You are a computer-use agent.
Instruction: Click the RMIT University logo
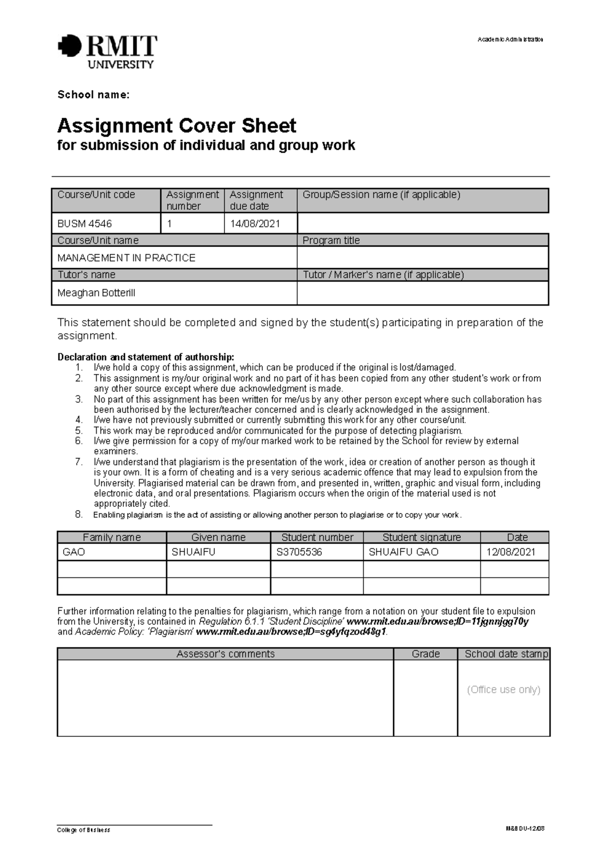tap(108, 51)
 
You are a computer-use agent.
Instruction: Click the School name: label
tap(93, 95)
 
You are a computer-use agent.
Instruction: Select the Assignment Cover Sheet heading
tap(177, 125)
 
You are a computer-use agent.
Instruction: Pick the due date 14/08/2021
tap(255, 224)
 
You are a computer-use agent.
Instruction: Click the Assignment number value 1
tap(169, 224)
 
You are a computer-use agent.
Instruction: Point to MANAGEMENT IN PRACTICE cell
tap(126, 258)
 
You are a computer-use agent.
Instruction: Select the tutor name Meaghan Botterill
tap(96, 293)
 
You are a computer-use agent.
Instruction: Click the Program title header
tap(331, 241)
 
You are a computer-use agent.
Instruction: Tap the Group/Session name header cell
tap(381, 195)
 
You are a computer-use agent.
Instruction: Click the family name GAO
tap(74, 552)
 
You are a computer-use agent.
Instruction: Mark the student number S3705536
tap(299, 552)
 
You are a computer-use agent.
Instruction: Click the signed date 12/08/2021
tap(511, 552)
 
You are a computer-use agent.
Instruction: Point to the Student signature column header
tap(421, 537)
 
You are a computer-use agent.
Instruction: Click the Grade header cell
tap(425, 654)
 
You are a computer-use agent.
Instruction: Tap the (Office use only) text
tap(503, 690)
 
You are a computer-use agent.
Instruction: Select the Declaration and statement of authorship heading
tap(146, 357)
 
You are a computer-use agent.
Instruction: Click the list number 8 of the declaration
tap(79, 514)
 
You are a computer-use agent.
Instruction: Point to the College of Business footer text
tap(84, 830)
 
